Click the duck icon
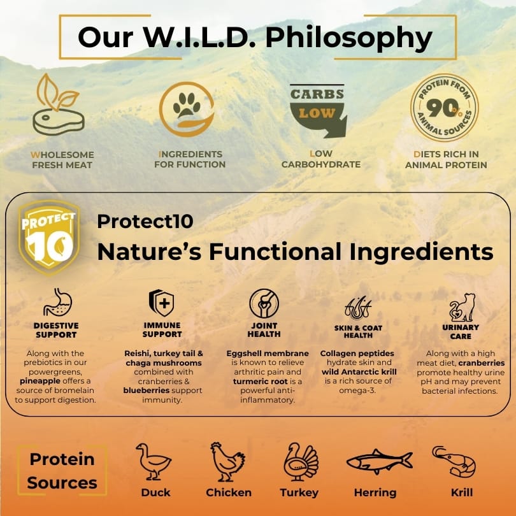click(154, 461)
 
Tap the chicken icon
click(227, 462)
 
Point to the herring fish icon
click(380, 461)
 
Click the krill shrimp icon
click(454, 461)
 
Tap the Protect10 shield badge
click(49, 237)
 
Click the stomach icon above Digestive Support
click(57, 302)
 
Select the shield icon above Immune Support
click(161, 303)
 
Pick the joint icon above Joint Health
click(264, 303)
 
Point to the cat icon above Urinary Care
click(462, 307)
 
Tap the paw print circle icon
click(187, 110)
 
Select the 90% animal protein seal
click(444, 108)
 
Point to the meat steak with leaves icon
click(59, 104)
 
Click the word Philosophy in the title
click(348, 38)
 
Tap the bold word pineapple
click(40, 381)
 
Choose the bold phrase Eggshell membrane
click(268, 354)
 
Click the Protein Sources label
click(62, 471)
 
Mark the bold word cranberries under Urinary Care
click(482, 363)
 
